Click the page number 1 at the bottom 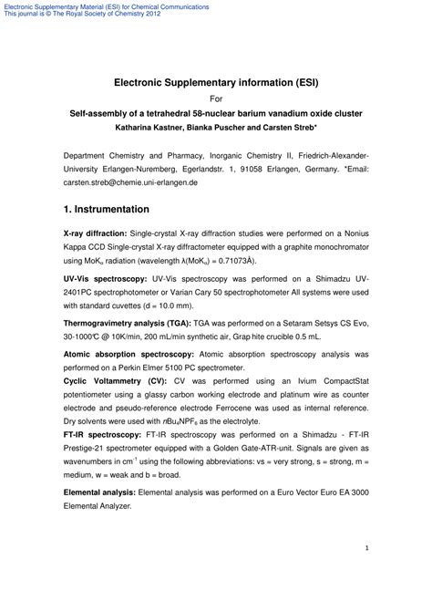365,548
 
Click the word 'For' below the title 216,98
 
